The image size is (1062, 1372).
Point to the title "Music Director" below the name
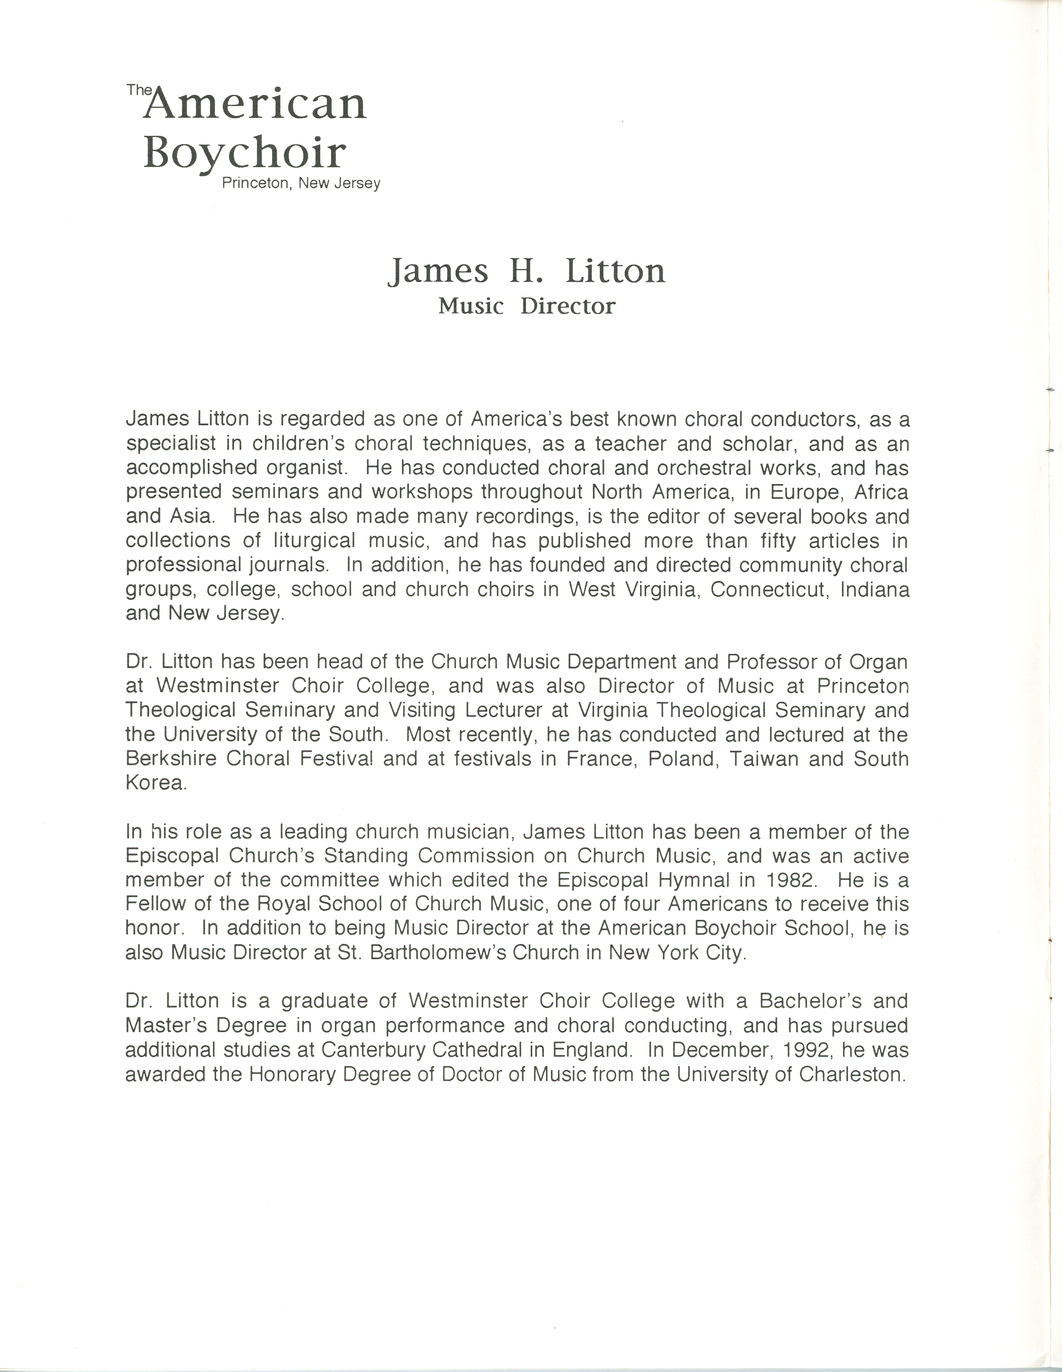[527, 307]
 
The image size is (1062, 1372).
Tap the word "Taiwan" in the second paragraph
[766, 759]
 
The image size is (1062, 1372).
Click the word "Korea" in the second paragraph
[156, 783]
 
